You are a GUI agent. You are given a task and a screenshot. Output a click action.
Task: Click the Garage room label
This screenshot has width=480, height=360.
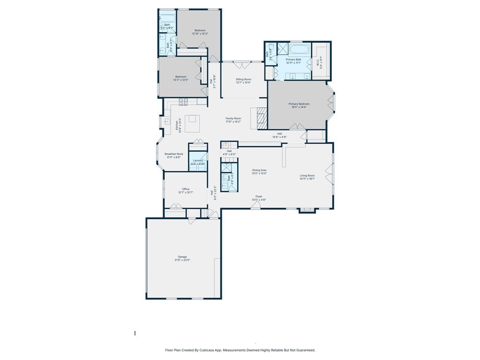coord(182,257)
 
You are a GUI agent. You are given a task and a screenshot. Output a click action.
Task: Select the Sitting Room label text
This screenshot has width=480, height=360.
coord(243,79)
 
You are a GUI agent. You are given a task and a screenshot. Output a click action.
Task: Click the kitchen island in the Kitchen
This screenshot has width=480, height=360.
coord(192,124)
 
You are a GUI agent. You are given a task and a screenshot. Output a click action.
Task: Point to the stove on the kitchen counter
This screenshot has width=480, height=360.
coord(183,101)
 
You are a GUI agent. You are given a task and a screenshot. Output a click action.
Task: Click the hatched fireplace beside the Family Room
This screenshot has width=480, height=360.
coord(261,118)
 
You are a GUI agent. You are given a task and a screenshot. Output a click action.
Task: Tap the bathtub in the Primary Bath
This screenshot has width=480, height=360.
coord(300,49)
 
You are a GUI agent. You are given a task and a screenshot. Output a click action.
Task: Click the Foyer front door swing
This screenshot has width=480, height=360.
coord(255,205)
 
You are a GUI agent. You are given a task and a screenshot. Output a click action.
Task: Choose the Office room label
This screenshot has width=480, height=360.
coord(186,189)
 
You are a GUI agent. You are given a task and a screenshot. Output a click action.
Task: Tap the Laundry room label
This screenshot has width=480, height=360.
coord(198,160)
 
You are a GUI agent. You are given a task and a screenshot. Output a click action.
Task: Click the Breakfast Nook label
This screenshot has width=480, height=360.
coord(173,154)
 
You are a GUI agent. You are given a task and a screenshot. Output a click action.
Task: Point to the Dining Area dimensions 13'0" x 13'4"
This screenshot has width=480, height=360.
coord(259,173)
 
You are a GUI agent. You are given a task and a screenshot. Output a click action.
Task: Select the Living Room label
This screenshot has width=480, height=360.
coord(307,176)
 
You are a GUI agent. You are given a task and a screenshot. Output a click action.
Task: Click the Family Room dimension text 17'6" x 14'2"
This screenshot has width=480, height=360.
coord(233,122)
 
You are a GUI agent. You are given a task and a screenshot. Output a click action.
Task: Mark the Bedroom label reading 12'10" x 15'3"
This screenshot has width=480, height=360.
coord(200,34)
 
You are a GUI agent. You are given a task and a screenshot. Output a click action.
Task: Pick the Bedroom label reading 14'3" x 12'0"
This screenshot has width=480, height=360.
coord(181,80)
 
